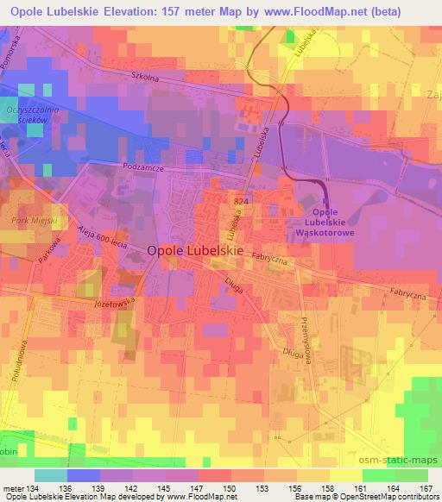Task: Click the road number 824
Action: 241,200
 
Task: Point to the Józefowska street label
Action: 116,304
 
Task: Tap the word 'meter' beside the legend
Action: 14,488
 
